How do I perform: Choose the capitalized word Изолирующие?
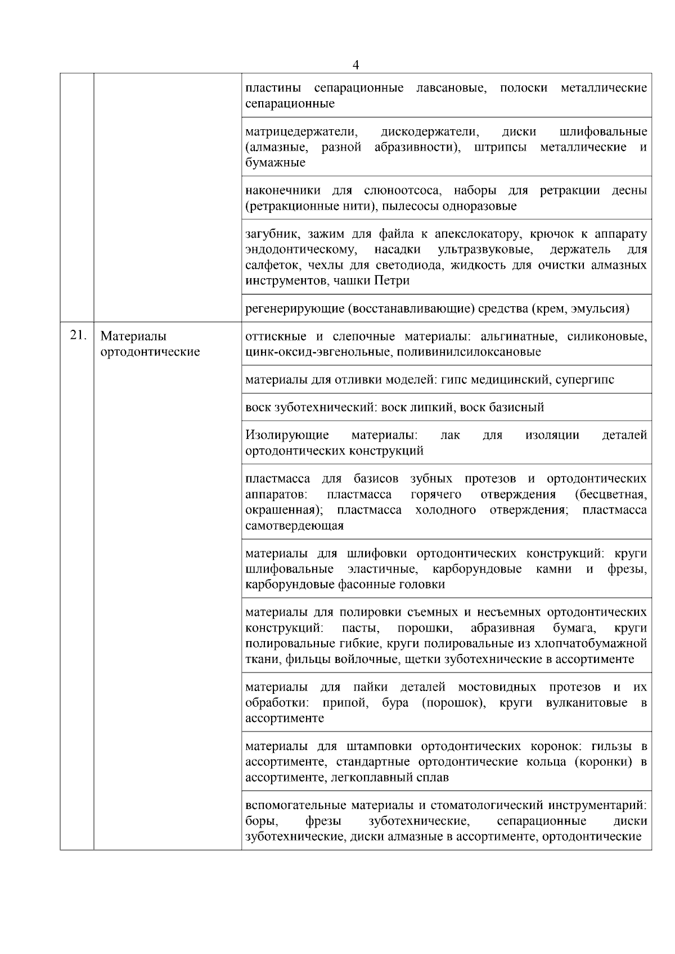tap(287, 435)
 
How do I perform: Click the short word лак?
tap(450, 435)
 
